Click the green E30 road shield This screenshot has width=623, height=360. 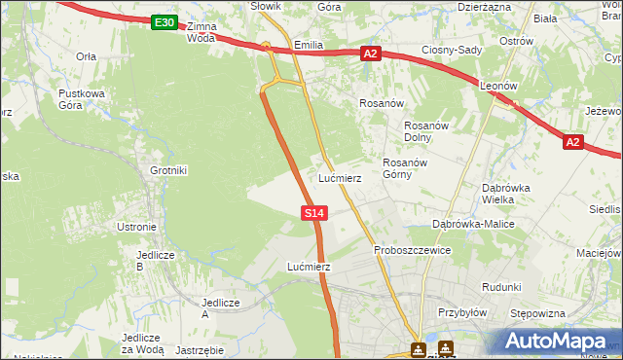pyautogui.click(x=165, y=22)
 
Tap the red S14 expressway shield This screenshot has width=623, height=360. pyautogui.click(x=313, y=211)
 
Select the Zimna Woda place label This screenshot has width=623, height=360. pyautogui.click(x=201, y=32)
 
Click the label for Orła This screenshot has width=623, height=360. pyautogui.click(x=87, y=56)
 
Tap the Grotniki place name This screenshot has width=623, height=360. pyautogui.click(x=168, y=170)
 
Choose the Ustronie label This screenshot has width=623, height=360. pyautogui.click(x=137, y=227)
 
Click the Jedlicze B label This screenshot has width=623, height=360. pyautogui.click(x=154, y=261)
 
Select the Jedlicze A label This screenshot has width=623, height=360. pyautogui.click(x=219, y=307)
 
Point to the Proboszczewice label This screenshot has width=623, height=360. pyautogui.click(x=412, y=250)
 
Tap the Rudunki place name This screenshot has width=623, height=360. pyautogui.click(x=501, y=287)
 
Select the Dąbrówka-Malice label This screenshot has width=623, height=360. pyautogui.click(x=473, y=224)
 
